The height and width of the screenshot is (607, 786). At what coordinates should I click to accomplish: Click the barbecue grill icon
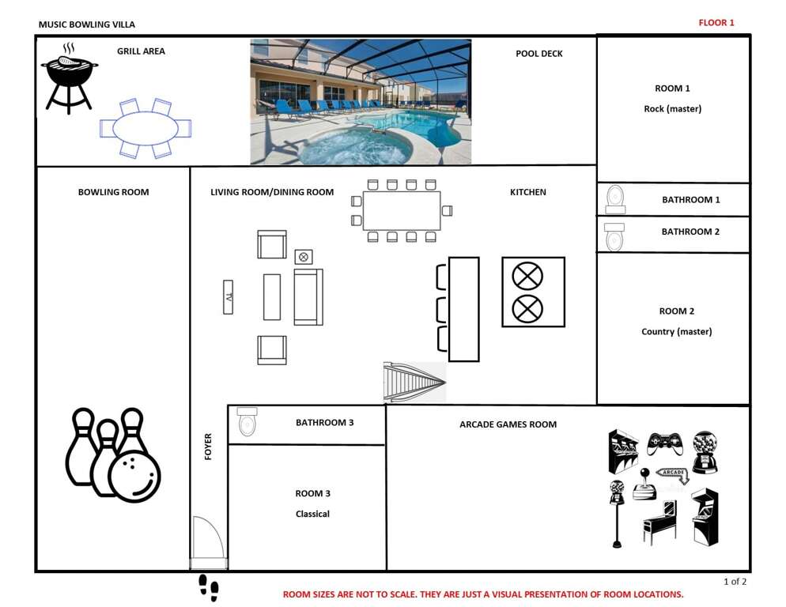(x=69, y=79)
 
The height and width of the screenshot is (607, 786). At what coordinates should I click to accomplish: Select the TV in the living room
(x=228, y=297)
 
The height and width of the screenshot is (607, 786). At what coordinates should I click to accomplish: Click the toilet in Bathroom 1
(x=615, y=199)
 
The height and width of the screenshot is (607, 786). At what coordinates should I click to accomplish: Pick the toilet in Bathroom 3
(x=248, y=421)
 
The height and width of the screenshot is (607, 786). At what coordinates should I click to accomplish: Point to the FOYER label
(x=208, y=446)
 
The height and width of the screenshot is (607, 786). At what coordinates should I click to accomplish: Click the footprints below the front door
(x=209, y=588)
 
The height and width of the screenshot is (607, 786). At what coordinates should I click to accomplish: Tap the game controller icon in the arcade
(x=665, y=443)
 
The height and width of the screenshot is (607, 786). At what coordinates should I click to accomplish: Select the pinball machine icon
(x=659, y=522)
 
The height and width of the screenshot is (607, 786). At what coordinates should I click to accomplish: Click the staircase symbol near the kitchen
(x=414, y=383)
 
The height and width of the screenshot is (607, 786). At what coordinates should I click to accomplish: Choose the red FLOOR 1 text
(x=716, y=23)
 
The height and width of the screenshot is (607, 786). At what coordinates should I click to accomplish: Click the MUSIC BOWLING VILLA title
(x=87, y=25)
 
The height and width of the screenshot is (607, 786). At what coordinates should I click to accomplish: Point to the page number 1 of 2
(x=735, y=582)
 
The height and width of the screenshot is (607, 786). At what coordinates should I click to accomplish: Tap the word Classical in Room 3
(x=312, y=514)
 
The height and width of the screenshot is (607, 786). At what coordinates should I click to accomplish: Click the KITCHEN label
(x=528, y=192)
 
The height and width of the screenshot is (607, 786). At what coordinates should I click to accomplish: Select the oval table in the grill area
(x=145, y=128)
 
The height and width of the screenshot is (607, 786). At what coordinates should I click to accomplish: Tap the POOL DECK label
(x=538, y=54)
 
